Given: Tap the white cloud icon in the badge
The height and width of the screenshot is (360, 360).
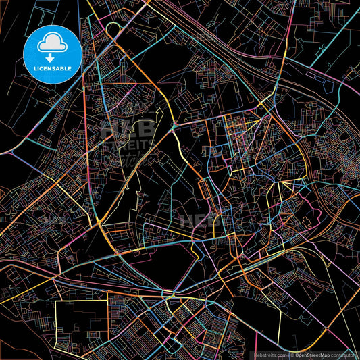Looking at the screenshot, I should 51,44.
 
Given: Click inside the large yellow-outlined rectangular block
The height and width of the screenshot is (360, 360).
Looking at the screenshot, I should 80,324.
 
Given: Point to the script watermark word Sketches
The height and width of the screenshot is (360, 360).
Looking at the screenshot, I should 132,159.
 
